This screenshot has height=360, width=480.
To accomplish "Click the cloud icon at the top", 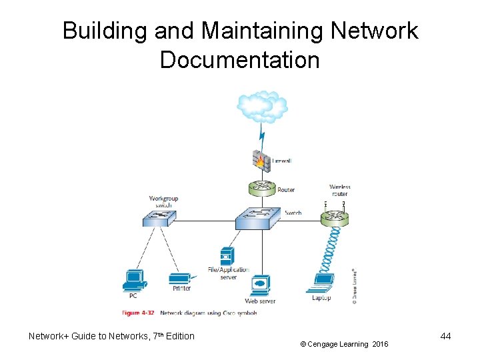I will tap(261, 106).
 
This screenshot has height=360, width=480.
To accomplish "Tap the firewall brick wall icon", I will tap(261, 160).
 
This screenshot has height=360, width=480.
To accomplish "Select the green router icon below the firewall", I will tap(261, 187).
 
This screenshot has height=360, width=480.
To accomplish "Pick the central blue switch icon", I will tap(260, 217).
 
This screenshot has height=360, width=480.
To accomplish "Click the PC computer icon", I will tap(133, 281).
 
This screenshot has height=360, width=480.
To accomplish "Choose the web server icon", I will tap(259, 285).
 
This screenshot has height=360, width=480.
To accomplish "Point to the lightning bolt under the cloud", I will tap(262, 137).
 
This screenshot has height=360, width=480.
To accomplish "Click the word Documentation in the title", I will tap(239, 61).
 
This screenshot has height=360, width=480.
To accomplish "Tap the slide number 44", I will tap(445, 336).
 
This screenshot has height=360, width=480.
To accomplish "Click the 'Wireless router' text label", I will tap(339, 191).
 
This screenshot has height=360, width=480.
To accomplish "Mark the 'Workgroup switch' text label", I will tap(163, 201).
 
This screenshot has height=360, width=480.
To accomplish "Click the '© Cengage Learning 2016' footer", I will tap(343, 344).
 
